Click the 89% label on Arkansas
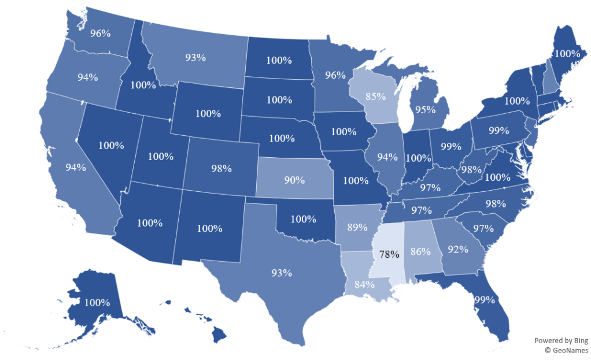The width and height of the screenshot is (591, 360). pyautogui.click(x=357, y=227)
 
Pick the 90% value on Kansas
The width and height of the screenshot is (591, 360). pyautogui.click(x=294, y=180)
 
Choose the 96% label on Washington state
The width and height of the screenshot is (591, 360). pyautogui.click(x=101, y=33)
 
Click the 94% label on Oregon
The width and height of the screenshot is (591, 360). pyautogui.click(x=87, y=77)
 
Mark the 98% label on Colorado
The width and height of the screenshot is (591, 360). pyautogui.click(x=221, y=169)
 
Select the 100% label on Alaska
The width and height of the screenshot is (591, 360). pyautogui.click(x=97, y=302)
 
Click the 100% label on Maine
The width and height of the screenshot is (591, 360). pyautogui.click(x=566, y=53)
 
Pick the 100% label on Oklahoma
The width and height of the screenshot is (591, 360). pyautogui.click(x=303, y=220)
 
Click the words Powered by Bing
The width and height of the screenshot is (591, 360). pyautogui.click(x=560, y=340)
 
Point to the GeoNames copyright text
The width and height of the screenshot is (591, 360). pyautogui.click(x=566, y=350)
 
